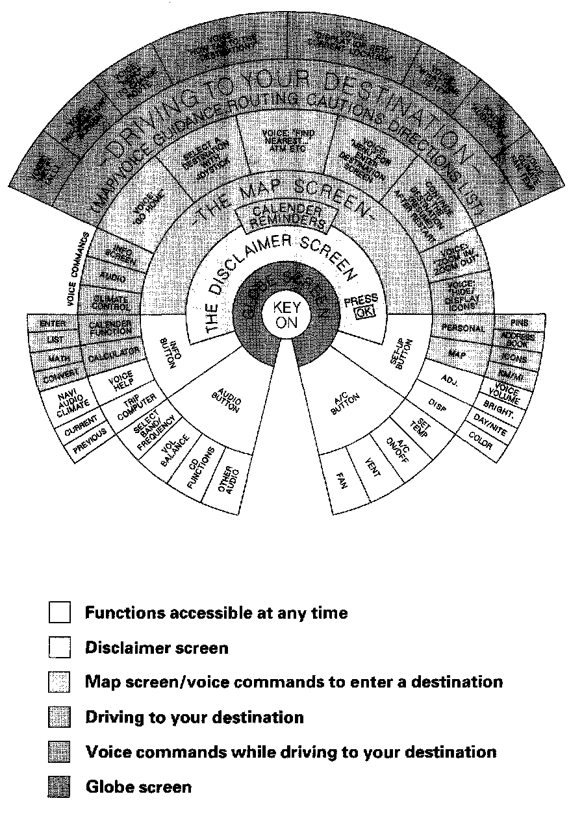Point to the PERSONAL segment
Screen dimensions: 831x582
(x=463, y=329)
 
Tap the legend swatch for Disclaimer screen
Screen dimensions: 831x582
(x=59, y=648)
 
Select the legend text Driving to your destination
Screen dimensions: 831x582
(x=194, y=717)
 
